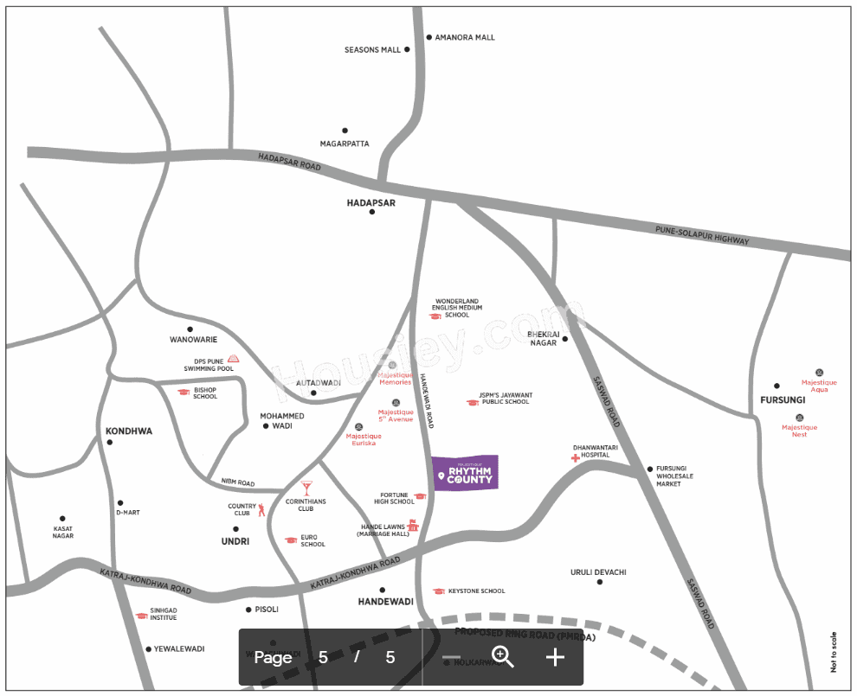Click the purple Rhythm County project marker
click(465, 473)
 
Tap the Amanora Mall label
click(465, 38)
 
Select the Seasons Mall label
click(372, 50)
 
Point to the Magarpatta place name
click(345, 144)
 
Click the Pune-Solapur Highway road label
click(702, 234)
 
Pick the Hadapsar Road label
click(289, 163)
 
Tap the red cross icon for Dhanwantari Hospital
click(575, 457)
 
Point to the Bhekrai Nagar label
click(544, 338)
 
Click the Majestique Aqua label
click(819, 386)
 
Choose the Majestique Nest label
click(799, 431)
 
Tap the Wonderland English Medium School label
click(457, 308)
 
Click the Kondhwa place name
click(128, 431)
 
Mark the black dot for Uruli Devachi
click(599, 582)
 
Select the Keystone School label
click(476, 591)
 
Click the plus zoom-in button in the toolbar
click(555, 657)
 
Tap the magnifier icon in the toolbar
click(502, 657)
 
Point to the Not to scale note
click(834, 652)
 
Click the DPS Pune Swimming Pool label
click(209, 365)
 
